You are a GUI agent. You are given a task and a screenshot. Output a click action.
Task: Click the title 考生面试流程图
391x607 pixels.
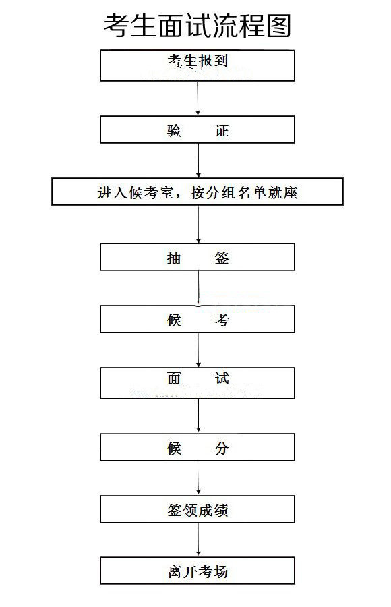[197, 26]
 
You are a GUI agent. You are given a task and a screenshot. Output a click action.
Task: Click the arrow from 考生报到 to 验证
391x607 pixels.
[198, 98]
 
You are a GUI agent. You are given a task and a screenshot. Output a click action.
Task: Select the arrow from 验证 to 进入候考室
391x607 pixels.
[198, 161]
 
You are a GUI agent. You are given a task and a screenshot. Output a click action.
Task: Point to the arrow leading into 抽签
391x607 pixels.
[198, 224]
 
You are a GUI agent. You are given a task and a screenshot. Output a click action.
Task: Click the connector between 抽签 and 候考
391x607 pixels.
[199, 288]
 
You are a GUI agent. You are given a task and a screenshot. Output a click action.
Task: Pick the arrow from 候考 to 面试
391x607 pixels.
[198, 350]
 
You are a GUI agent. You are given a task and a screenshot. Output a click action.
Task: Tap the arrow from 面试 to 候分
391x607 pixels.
[198, 415]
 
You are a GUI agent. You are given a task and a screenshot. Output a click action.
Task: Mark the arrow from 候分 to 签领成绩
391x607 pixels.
[198, 478]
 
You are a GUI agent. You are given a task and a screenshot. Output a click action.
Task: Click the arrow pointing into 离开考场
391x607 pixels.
[198, 540]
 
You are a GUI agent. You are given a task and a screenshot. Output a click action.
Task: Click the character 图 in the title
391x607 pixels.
[278, 26]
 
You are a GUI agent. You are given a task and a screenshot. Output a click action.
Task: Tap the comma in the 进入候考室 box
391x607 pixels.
[179, 196]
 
